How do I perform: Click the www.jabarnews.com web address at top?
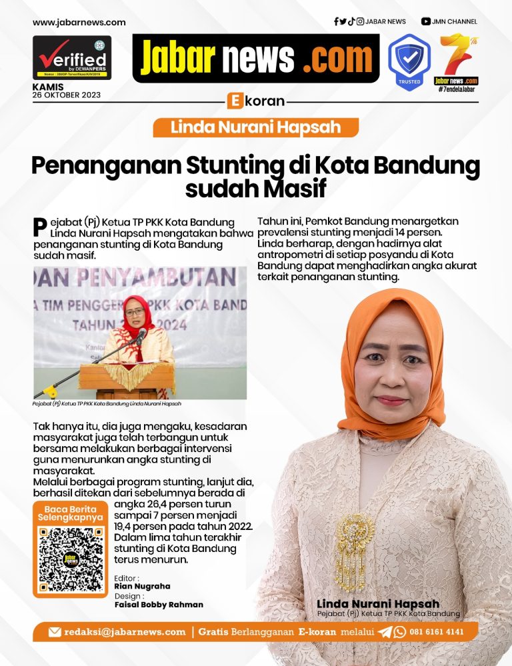click(79, 22)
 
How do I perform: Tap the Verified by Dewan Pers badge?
click(72, 57)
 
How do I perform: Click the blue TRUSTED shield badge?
click(409, 59)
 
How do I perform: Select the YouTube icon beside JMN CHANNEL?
click(425, 21)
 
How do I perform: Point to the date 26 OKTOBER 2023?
click(67, 95)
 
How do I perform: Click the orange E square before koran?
click(234, 101)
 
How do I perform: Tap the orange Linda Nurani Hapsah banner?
click(256, 127)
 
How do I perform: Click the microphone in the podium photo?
click(141, 335)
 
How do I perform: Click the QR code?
click(70, 559)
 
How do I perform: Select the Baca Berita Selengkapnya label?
click(70, 512)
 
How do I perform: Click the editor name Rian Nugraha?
click(142, 586)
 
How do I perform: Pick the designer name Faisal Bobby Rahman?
click(159, 605)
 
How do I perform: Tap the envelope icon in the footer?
click(55, 631)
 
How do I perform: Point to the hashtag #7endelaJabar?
click(457, 89)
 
